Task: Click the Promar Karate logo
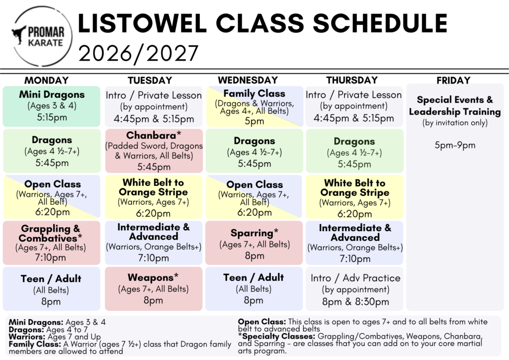42,36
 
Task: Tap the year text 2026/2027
138,54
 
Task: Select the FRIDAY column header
453,80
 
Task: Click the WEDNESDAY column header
248,80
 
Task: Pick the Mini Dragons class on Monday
52,106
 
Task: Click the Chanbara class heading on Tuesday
154,135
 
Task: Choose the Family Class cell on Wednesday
254,106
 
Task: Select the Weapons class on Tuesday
154,289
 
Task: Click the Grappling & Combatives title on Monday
50,233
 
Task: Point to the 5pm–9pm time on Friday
455,145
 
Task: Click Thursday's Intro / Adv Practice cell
354,289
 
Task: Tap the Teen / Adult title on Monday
51,278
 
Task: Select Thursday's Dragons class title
354,142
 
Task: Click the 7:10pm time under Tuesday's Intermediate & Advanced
154,258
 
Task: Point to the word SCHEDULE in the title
380,23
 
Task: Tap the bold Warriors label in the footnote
27,337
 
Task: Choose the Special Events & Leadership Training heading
455,105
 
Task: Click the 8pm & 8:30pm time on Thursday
355,302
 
